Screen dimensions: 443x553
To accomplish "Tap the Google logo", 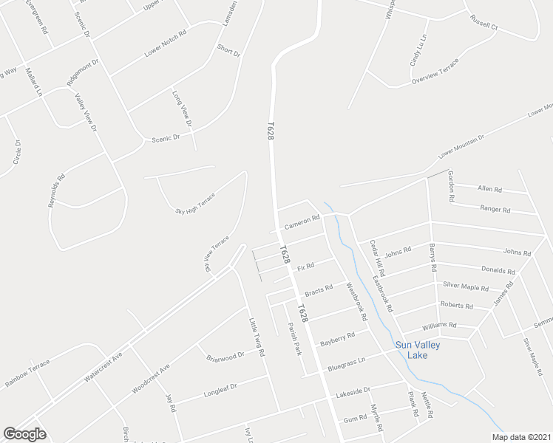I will point(24,434).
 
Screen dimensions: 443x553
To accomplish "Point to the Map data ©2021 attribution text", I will point(521,436).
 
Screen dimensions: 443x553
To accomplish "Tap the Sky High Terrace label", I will point(194,202).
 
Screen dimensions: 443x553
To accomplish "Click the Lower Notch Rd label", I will point(165,44).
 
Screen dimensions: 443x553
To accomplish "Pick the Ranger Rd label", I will point(495,210).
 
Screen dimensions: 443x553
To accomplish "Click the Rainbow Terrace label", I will point(27,373).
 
